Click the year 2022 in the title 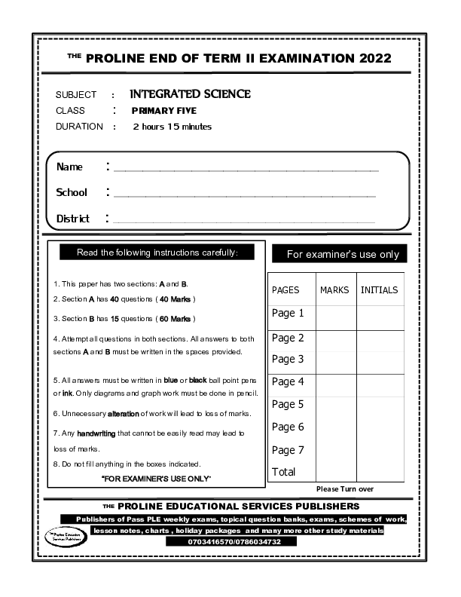click(371, 58)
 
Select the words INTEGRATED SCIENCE click(190, 94)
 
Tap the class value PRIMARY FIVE click(163, 111)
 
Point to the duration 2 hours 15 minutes click(172, 127)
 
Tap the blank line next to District click(245, 221)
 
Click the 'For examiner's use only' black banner click(339, 254)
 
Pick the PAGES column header click(285, 290)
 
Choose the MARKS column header click(334, 290)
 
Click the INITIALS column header click(380, 290)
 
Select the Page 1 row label click(288, 314)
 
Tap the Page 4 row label click(288, 381)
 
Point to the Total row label click(283, 472)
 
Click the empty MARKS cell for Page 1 click(335, 316)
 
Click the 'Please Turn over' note click(345, 489)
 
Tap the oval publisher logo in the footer click(64, 537)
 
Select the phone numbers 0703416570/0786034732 click(234, 541)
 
